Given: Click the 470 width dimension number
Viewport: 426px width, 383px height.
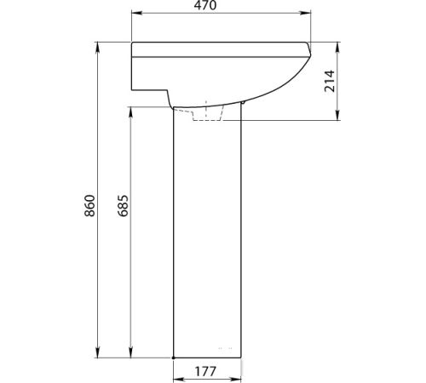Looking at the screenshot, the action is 205,5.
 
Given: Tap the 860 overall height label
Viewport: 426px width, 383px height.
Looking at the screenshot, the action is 89,206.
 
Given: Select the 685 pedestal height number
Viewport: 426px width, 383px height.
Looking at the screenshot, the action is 123,206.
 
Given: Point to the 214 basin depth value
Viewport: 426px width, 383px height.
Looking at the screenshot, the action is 330,81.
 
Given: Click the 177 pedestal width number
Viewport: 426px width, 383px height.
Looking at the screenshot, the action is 205,371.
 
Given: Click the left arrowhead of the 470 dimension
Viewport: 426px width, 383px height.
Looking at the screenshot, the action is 136,13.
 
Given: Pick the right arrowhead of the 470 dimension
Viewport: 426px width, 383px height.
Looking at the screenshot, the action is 306,13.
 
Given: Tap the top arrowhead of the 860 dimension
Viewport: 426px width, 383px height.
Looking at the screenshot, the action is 98,47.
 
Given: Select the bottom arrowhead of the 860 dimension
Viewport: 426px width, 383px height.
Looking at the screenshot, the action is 98,352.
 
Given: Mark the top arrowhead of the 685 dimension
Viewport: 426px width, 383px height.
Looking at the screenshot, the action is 130,112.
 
